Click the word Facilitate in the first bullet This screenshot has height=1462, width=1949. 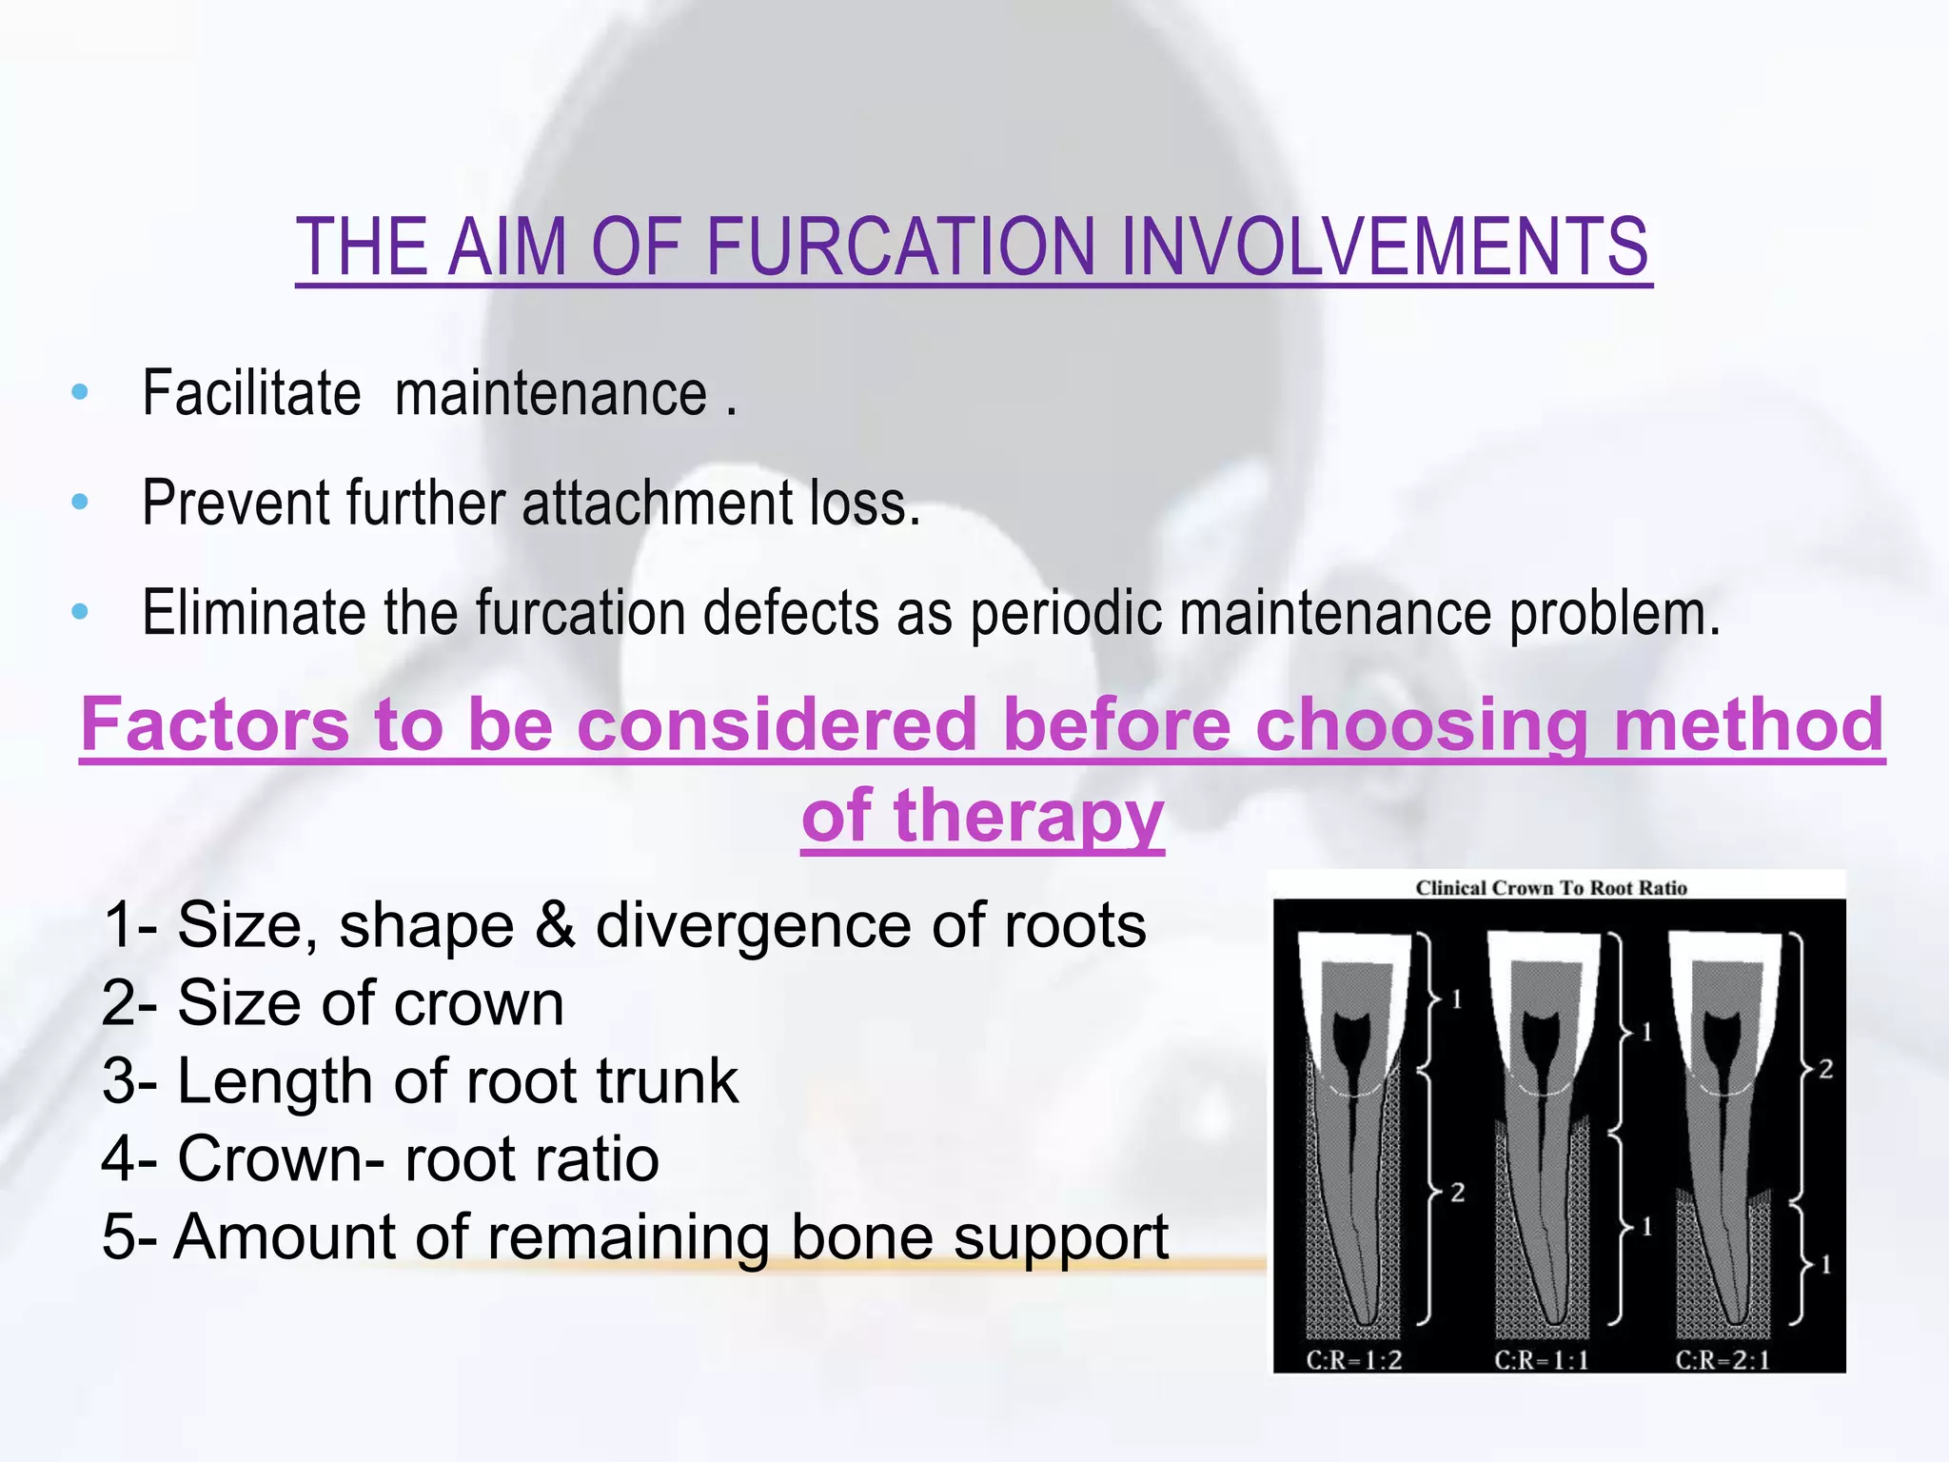251,393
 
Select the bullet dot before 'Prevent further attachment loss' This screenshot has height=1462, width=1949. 80,502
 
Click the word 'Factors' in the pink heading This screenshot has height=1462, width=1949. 215,724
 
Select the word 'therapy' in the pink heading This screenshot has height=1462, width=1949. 1028,817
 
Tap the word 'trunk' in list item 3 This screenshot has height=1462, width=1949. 667,1081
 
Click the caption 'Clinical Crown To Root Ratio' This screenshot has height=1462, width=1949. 1551,888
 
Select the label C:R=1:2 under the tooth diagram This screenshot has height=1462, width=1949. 1354,1359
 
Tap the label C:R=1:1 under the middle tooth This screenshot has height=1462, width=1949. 1542,1359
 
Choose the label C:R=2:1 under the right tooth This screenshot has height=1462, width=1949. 1723,1359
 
